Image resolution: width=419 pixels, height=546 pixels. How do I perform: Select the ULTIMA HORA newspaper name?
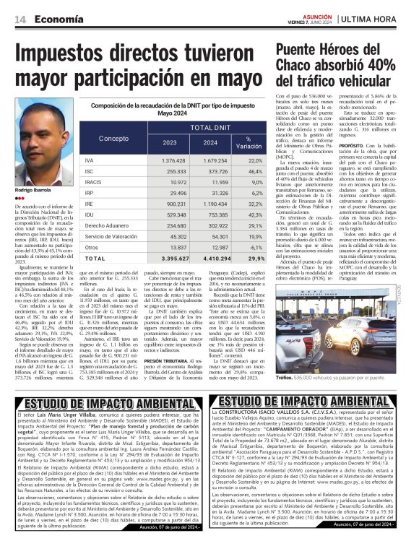coord(376,19)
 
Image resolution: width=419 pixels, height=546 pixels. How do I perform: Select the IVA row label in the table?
coord(89,160)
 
